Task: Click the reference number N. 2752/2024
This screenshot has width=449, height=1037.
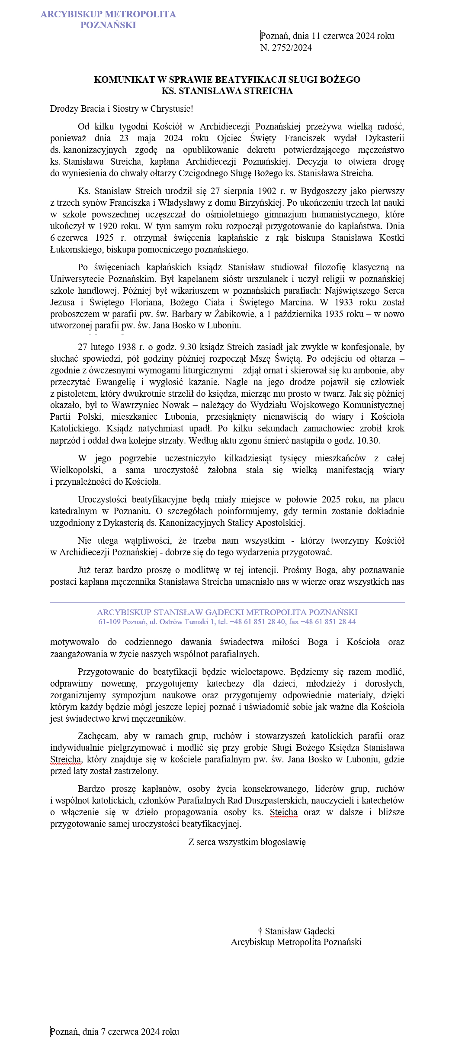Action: click(286, 48)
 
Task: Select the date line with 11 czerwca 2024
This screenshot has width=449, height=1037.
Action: click(327, 36)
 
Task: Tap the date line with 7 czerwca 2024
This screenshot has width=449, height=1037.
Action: click(115, 1031)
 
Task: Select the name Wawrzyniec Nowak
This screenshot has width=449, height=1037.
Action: click(151, 405)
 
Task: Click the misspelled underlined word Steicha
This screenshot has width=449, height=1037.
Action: click(284, 812)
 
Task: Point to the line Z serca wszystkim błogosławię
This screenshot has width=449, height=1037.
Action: click(247, 842)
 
